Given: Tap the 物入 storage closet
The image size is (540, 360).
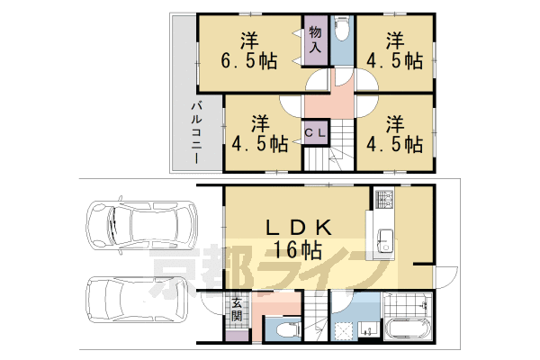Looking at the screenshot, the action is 316,40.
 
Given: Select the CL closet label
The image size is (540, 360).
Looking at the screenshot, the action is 316,133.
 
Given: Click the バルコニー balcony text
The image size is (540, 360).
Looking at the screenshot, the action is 196,132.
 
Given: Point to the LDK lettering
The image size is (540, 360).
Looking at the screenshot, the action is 298,228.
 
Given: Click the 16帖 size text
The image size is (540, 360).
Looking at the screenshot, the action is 298,250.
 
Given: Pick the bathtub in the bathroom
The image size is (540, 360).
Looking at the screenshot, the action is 409,329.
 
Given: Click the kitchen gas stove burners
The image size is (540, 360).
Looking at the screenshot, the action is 384,199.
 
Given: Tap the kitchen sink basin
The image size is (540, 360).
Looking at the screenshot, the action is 385,240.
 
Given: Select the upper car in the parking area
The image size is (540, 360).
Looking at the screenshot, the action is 141,225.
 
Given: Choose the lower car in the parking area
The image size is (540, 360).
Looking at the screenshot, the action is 137,299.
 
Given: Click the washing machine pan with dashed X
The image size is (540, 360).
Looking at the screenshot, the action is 344,329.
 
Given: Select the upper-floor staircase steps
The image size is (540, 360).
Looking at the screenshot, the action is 329,145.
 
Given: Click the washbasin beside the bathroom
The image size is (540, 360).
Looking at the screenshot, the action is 368,330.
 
